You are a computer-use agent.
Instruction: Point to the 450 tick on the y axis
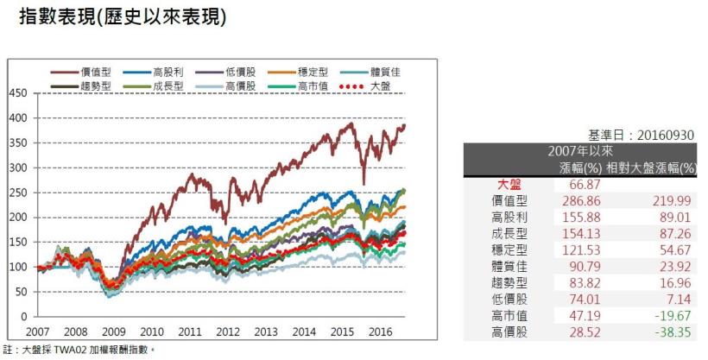click(19, 93)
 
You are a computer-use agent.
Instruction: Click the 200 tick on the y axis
click(19, 218)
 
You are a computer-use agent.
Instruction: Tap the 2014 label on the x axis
click(305, 332)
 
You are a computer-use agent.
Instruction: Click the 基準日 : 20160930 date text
click(641, 136)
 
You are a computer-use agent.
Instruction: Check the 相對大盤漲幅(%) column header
click(652, 167)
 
